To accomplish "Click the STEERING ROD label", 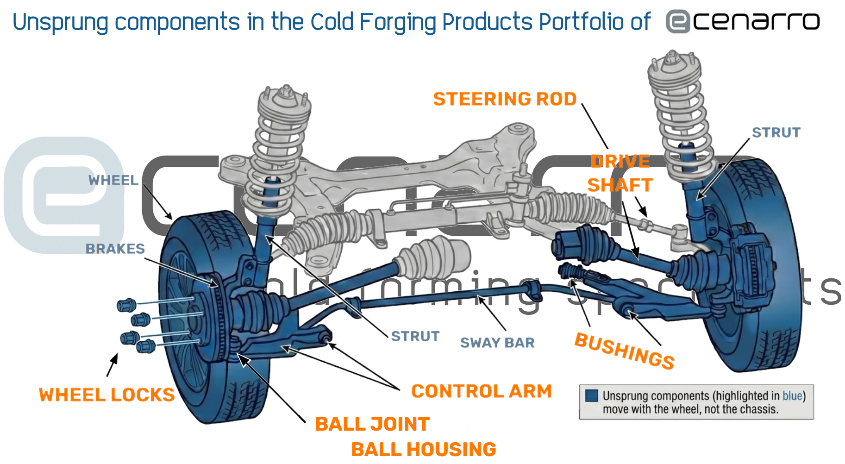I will [505, 99].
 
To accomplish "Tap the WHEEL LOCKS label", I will [107, 395].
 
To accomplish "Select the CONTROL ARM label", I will [482, 391].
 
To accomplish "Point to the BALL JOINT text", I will [372, 424].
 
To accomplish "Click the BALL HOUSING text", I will [423, 450].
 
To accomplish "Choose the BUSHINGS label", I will [624, 351].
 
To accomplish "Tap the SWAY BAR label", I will [497, 343].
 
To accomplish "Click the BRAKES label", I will [115, 249].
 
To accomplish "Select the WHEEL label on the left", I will [113, 180].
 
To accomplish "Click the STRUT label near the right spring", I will [776, 132].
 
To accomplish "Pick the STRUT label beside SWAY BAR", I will [415, 336].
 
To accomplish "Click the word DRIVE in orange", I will [620, 162].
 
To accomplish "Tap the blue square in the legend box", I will [591, 395].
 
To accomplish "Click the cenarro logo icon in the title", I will [678, 22].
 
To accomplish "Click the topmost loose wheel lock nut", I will [126, 305].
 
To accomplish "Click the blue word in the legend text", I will [792, 396].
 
